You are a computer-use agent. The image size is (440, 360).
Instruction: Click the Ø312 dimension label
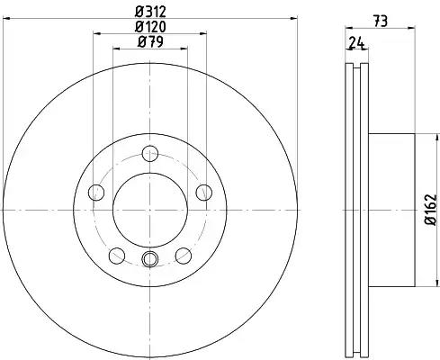(x=150, y=12)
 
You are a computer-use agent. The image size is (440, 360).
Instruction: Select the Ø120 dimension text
(x=150, y=27)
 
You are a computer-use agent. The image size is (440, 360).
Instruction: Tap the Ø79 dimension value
(x=150, y=41)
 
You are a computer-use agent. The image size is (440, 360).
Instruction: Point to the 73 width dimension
(x=381, y=22)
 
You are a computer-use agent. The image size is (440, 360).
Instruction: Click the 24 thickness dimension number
(x=356, y=43)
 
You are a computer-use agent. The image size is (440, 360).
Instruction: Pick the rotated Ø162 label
(x=430, y=210)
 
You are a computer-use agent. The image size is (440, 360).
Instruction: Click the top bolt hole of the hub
(x=150, y=153)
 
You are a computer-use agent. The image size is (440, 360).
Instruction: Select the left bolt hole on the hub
(x=96, y=193)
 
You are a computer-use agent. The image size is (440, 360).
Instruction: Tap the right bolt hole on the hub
(x=204, y=193)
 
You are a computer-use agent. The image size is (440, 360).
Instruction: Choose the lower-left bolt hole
(x=117, y=256)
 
